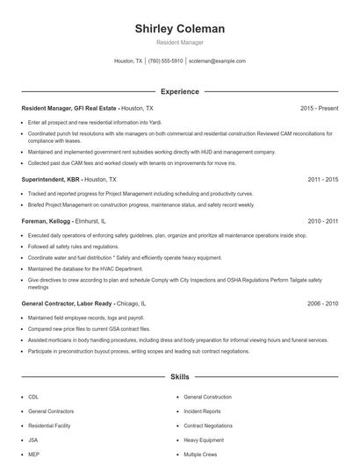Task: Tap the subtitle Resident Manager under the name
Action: point(179,42)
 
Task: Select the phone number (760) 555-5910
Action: point(165,61)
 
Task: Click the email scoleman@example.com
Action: point(217,61)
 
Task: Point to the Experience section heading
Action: point(179,91)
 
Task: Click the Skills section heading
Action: point(179,376)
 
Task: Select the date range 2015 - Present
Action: point(319,108)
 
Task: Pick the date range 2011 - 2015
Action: point(322,178)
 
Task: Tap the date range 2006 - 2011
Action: point(322,223)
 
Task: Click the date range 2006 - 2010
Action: point(322,303)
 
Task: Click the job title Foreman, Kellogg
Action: point(46,223)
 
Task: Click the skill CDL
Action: point(32,397)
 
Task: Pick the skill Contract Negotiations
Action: point(208,425)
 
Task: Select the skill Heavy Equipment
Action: point(204,439)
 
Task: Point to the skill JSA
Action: point(32,439)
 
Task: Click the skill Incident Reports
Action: point(203,411)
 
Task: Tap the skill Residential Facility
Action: point(48,425)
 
